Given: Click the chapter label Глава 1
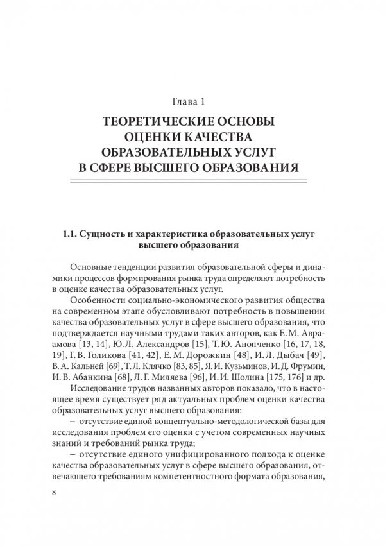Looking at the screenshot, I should click(x=192, y=101).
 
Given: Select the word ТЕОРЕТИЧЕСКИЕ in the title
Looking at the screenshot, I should click(x=150, y=121).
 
